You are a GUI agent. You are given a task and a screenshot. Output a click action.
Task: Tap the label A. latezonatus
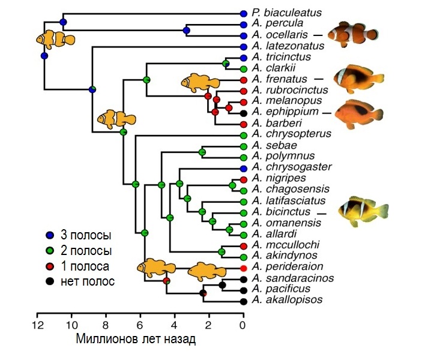point(285,46)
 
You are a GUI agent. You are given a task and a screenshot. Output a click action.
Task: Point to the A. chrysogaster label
point(287,167)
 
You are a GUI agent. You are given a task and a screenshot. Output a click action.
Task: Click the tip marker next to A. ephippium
point(244,113)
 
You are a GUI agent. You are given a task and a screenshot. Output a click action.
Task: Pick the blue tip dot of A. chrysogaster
point(244,167)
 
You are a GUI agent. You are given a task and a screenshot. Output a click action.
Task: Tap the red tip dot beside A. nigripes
point(244,179)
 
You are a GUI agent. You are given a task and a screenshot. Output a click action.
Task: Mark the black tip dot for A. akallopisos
point(244,300)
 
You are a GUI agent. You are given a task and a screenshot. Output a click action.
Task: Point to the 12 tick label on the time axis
point(37,326)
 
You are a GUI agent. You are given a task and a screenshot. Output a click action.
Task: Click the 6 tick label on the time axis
point(140,326)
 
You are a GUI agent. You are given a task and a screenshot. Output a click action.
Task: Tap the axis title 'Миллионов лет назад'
point(136,340)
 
